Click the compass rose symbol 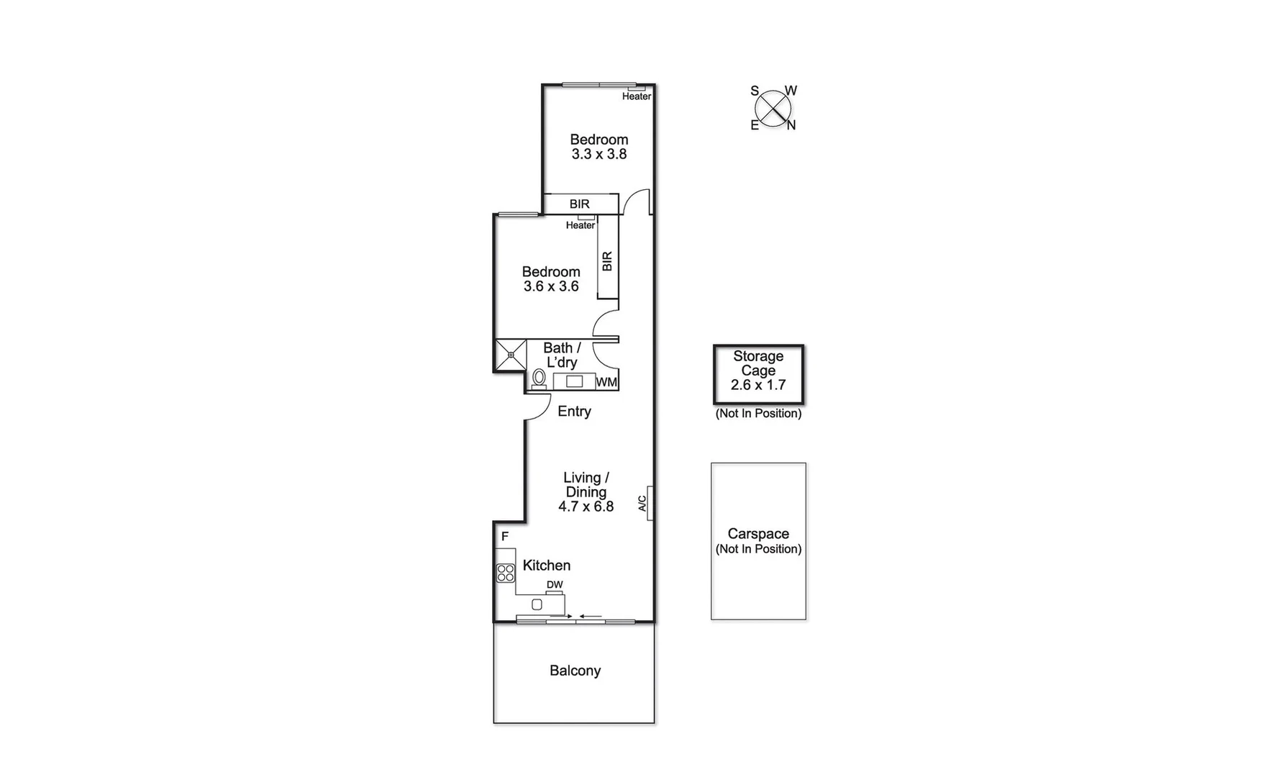(x=773, y=109)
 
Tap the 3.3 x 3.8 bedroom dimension (x=598, y=154)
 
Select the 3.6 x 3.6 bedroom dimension (x=551, y=286)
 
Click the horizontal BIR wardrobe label (x=579, y=204)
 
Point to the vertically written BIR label (x=607, y=260)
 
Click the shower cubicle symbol (x=510, y=355)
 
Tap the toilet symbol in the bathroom (x=539, y=378)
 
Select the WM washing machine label (x=606, y=383)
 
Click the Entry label (x=574, y=412)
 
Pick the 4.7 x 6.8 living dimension (x=586, y=506)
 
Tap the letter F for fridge (x=505, y=537)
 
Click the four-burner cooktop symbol (x=506, y=573)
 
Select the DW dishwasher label (x=554, y=585)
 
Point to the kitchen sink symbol (x=537, y=604)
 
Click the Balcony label (x=575, y=671)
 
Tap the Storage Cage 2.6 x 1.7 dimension (x=757, y=385)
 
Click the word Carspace (x=758, y=534)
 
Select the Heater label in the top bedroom (x=636, y=96)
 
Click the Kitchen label (x=546, y=565)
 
